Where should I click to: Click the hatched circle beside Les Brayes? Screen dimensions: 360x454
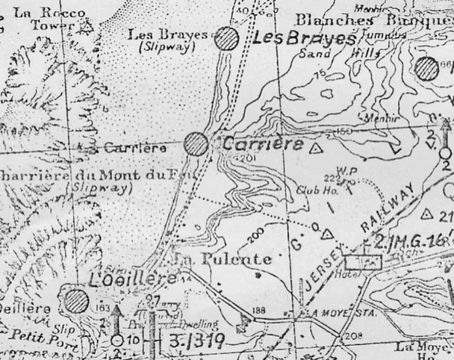click(226, 39)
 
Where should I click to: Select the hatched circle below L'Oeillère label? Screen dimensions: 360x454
click(75, 302)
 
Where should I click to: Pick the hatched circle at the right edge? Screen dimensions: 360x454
click(427, 69)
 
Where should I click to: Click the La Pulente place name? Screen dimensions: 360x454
click(221, 259)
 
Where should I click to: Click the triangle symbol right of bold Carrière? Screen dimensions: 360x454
click(316, 147)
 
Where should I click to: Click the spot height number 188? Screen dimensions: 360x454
click(259, 309)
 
